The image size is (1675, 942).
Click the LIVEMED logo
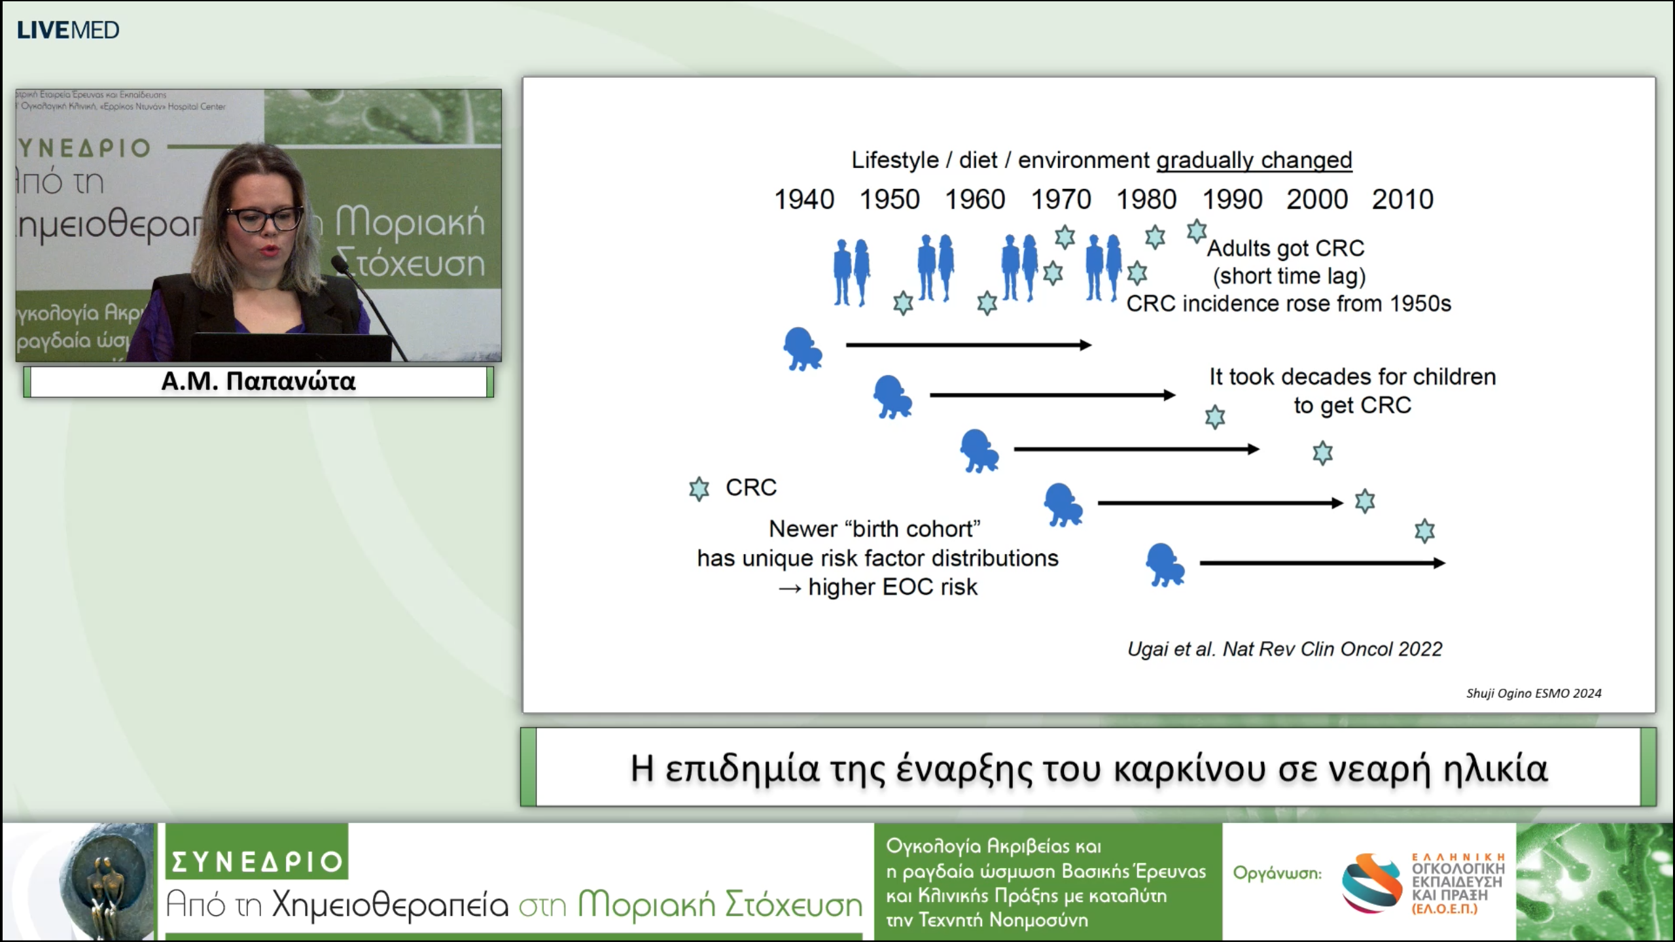click(x=67, y=30)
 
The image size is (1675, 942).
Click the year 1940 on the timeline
click(x=803, y=200)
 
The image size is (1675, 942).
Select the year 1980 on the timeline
click(x=1146, y=200)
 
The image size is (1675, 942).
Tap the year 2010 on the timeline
click(x=1402, y=200)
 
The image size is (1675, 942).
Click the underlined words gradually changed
click(x=1254, y=160)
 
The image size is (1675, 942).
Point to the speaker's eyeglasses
click(x=264, y=219)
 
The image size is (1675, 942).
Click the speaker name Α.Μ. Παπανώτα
click(x=258, y=381)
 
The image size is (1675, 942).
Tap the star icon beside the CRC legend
click(x=699, y=489)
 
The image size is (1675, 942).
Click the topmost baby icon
click(x=802, y=349)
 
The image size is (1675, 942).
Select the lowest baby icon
click(x=1165, y=565)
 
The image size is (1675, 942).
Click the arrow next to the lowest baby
click(x=1322, y=563)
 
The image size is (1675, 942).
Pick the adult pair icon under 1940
click(x=851, y=272)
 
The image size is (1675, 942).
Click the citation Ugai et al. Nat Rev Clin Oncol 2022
click(x=1284, y=649)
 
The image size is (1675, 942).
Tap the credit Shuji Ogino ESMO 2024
click(x=1533, y=693)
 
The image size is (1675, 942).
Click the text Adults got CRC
click(x=1286, y=249)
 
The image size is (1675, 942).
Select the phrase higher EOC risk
click(x=892, y=587)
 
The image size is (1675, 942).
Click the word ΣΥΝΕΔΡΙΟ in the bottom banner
click(x=256, y=862)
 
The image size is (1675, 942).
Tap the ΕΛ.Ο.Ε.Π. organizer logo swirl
click(x=1371, y=882)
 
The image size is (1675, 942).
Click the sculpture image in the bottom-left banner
click(x=105, y=882)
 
